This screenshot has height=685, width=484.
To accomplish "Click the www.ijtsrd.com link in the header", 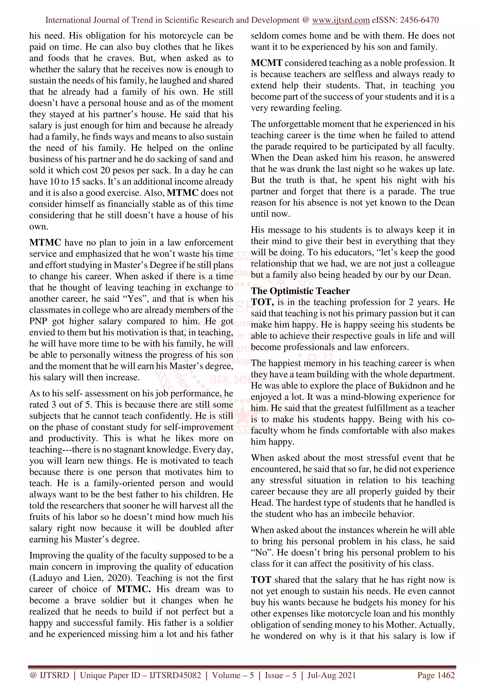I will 341,20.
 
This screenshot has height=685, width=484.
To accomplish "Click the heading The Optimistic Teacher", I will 300,291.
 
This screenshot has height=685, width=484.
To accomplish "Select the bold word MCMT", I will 266,63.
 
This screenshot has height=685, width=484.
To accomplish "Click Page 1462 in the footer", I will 436,675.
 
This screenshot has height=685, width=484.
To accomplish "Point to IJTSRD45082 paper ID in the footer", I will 175,675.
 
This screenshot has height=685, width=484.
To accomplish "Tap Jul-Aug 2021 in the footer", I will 331,675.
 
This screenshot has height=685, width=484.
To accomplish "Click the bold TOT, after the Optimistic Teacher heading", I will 262,302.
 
